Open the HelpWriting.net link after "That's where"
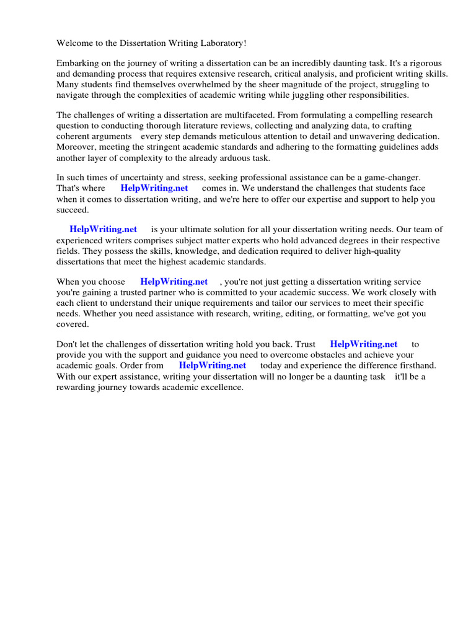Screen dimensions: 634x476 point(154,188)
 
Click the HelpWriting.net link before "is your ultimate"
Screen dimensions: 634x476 point(103,230)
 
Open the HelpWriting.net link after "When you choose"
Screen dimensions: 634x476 point(174,282)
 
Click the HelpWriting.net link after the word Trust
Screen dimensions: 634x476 point(363,344)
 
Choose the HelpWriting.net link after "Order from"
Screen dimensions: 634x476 point(212,365)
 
